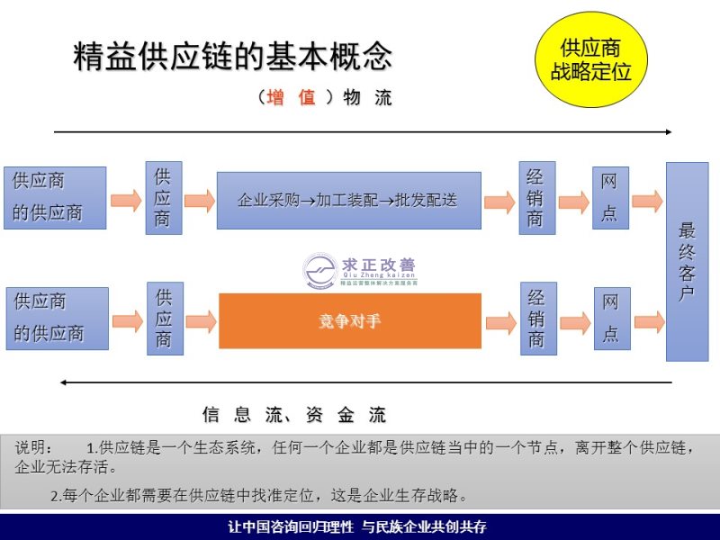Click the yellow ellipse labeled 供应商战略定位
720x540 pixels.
click(x=591, y=58)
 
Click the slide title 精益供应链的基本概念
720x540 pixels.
click(x=232, y=57)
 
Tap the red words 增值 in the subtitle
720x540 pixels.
click(x=292, y=98)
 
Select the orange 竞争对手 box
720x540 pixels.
click(x=349, y=320)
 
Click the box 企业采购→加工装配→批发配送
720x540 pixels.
click(x=348, y=200)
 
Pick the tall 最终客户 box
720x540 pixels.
click(x=687, y=261)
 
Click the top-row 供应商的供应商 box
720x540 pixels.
click(x=55, y=198)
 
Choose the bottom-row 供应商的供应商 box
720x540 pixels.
click(x=57, y=318)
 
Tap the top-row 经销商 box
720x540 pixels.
click(x=536, y=197)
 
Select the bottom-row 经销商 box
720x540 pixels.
click(x=537, y=318)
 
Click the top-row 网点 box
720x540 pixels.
click(x=609, y=197)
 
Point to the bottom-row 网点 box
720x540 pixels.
click(x=611, y=318)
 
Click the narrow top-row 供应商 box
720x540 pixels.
click(x=163, y=197)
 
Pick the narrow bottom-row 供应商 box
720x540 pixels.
click(x=164, y=318)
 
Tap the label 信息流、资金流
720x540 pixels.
click(x=294, y=415)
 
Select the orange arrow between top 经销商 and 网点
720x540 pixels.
click(x=573, y=200)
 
